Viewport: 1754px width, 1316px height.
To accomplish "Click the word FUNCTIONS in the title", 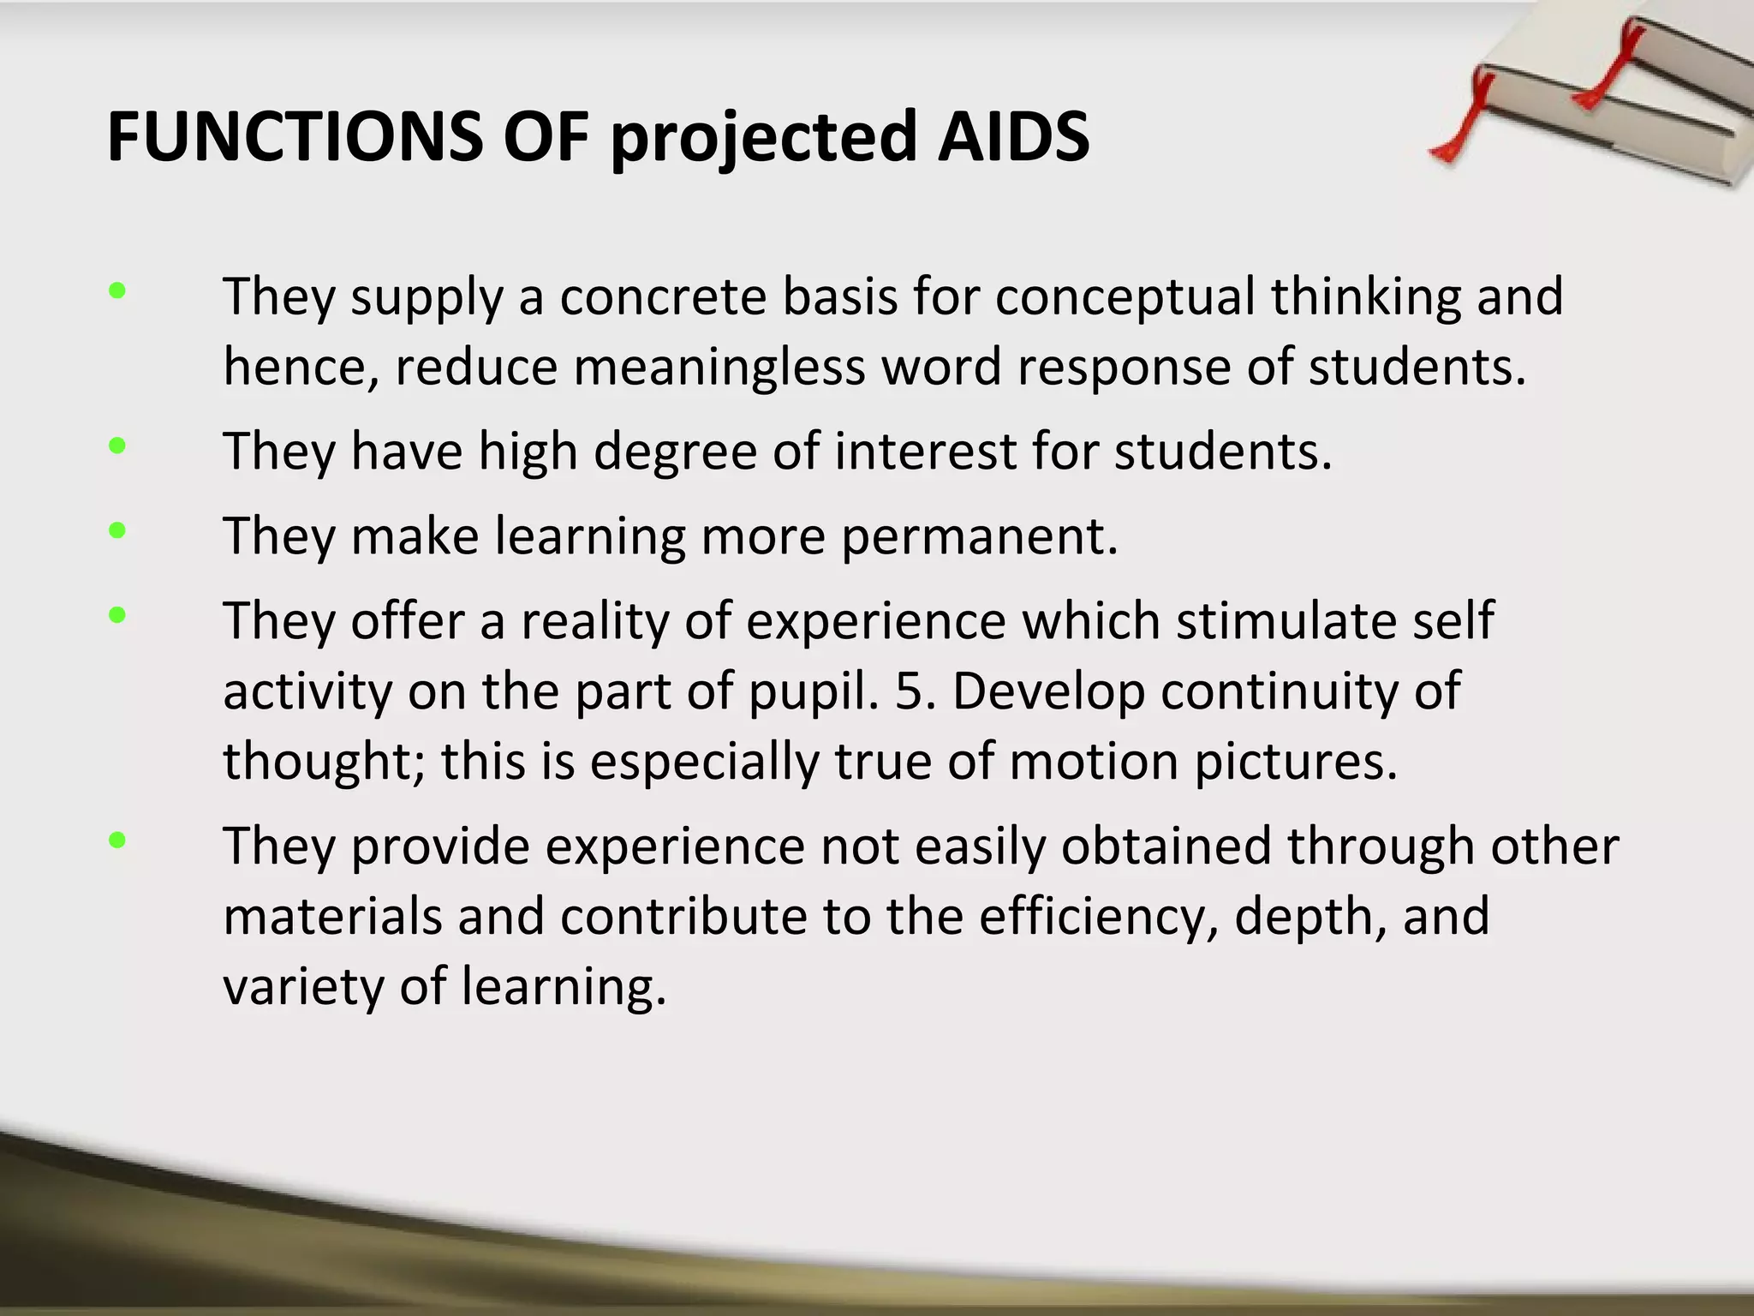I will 295,137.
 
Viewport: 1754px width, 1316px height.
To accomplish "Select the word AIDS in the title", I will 1013,137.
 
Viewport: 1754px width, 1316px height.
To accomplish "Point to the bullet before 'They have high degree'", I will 117,446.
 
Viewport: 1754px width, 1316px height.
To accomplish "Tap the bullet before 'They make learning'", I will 117,531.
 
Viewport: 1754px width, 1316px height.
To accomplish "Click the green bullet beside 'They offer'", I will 117,615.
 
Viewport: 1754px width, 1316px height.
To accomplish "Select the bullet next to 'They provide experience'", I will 117,841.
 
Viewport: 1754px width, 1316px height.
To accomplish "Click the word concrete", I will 663,296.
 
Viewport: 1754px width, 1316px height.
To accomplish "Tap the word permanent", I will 978,536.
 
